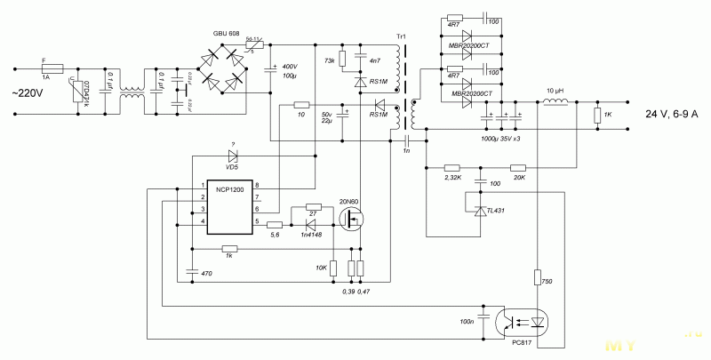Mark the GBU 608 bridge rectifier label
click(x=227, y=34)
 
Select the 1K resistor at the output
click(x=598, y=116)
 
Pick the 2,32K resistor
click(x=451, y=167)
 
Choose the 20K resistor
click(x=519, y=167)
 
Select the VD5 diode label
click(x=232, y=166)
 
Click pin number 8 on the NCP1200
click(x=256, y=184)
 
